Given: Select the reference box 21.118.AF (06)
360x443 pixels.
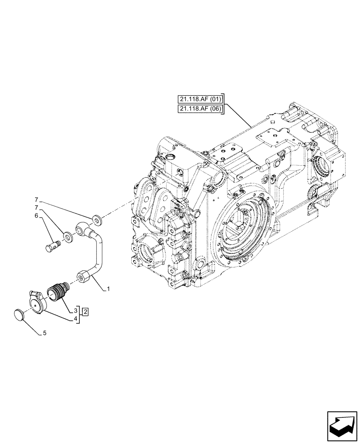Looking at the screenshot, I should [200, 109].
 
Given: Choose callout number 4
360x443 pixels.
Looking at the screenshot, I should [76, 318].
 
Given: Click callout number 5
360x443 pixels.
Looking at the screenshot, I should [45, 334].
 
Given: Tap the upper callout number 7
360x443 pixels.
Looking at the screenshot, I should [37, 200].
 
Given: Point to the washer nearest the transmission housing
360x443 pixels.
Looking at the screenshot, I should [96, 219].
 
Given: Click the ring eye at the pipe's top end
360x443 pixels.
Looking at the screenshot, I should [82, 228].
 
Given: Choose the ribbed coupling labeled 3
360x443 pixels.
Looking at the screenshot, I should [56, 291].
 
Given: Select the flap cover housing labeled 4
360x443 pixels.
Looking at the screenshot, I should [35, 303].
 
